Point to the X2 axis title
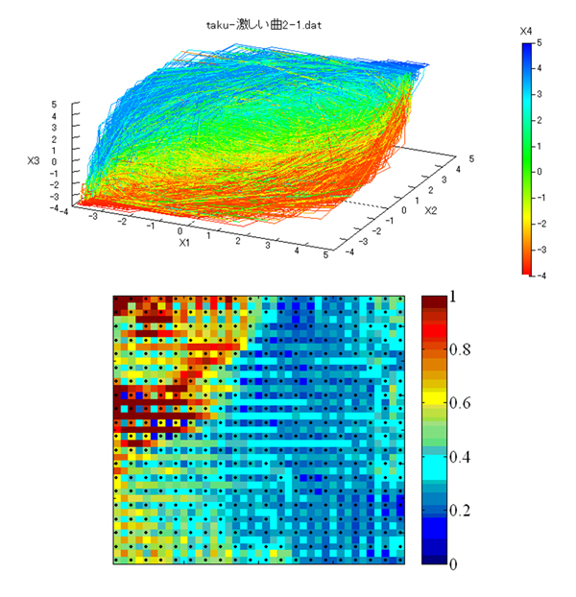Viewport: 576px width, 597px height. (431, 210)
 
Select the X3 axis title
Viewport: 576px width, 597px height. (34, 160)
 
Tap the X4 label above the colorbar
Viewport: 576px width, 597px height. (526, 32)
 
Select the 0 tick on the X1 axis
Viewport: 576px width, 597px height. (180, 231)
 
